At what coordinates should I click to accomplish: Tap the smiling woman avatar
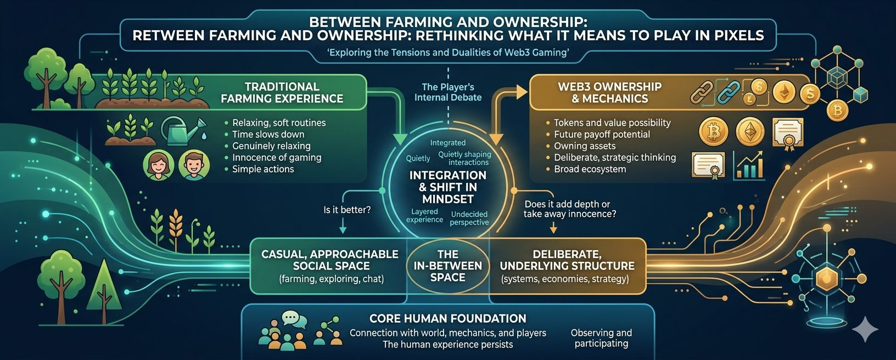click(x=159, y=165)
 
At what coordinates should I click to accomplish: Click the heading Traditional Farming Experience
click(x=282, y=93)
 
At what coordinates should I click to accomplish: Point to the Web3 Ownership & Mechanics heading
click(x=609, y=93)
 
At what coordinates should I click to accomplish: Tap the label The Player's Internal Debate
click(x=448, y=92)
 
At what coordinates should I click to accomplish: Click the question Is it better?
click(x=347, y=210)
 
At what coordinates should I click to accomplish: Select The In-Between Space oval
click(x=447, y=266)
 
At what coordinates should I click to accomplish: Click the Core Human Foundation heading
click(x=448, y=319)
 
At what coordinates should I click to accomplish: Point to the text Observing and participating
click(x=601, y=338)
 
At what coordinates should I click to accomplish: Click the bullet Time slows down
click(x=268, y=134)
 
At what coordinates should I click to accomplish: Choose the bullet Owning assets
click(x=585, y=146)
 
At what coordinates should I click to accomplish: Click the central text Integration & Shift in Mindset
click(x=448, y=187)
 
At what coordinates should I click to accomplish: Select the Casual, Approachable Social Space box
click(x=331, y=266)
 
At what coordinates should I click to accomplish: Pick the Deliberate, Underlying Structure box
click(x=567, y=266)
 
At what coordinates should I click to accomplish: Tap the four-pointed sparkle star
click(x=865, y=330)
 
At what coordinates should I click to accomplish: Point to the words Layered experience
click(x=424, y=216)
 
